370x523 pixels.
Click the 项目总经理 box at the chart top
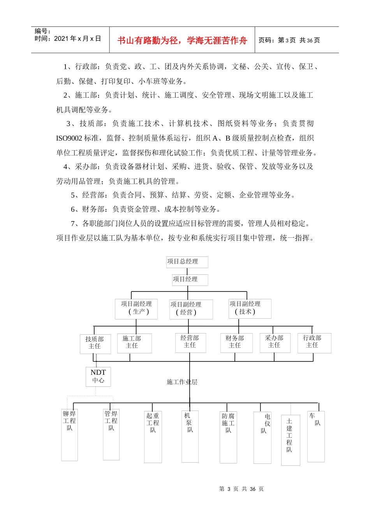click(x=187, y=262)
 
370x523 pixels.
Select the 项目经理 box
click(x=190, y=280)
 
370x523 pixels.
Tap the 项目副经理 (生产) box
click(x=136, y=309)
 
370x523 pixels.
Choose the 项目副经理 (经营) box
click(x=191, y=309)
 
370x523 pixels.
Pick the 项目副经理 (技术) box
click(x=250, y=309)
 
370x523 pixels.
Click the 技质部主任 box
click(x=95, y=344)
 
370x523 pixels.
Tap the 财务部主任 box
click(x=236, y=342)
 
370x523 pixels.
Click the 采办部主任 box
click(x=275, y=342)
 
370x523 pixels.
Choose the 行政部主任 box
click(x=314, y=342)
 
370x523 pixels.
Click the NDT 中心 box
click(x=98, y=376)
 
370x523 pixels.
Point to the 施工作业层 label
click(x=182, y=382)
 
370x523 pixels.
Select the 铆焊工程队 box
click(x=70, y=435)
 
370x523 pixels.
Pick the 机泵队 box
click(x=190, y=436)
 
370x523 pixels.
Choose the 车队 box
click(x=315, y=436)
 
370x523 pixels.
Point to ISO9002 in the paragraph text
click(x=69, y=138)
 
